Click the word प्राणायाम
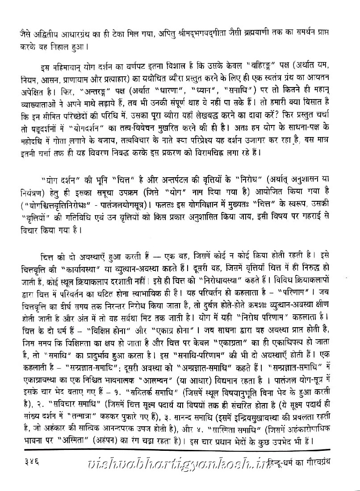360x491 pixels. point(100,83)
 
